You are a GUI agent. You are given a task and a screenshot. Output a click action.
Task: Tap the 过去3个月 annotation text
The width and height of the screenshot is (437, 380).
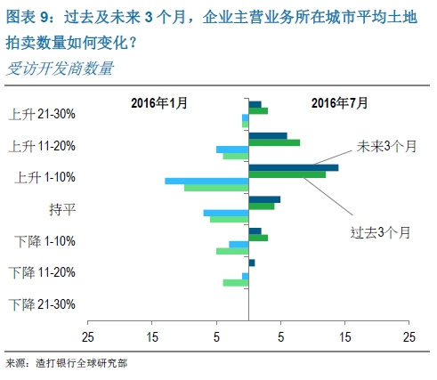coord(380,232)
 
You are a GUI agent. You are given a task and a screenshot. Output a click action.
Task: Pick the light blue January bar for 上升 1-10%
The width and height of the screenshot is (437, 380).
coord(206,181)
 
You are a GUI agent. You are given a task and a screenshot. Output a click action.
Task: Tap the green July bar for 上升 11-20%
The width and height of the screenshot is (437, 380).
coord(274,142)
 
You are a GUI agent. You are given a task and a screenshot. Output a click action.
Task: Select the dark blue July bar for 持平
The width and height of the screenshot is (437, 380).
coord(264,199)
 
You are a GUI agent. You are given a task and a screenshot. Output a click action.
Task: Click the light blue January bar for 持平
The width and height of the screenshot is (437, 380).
coord(225,213)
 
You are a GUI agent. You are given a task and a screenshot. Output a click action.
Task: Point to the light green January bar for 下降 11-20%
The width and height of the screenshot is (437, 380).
coord(235,283)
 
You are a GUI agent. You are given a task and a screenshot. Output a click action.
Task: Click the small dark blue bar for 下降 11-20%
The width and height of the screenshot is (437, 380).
coord(252,263)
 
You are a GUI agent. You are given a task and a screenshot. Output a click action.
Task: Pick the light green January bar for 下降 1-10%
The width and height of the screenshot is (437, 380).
coord(232,251)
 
